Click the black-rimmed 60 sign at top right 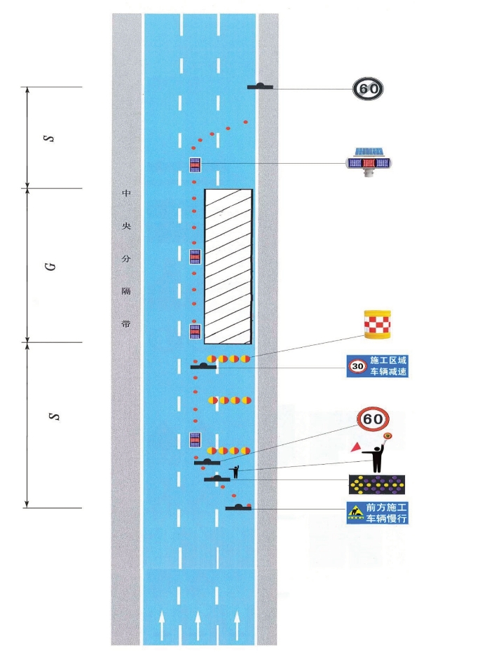pos(369,88)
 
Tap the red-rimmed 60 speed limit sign pos(373,419)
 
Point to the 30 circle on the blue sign pos(357,366)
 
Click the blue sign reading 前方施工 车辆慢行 pos(377,513)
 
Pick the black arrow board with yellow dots pos(378,483)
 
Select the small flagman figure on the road pos(235,472)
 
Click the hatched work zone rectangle pos(228,265)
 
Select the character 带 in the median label pos(127,325)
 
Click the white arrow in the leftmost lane pos(163,619)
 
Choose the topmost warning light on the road pos(196,165)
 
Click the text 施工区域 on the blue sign pos(388,360)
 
